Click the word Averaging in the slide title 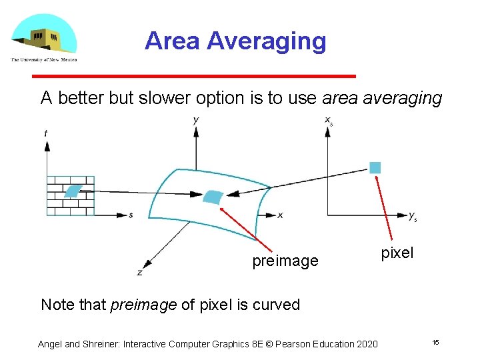[x=266, y=41]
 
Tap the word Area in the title [x=172, y=41]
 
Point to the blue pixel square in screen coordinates [x=375, y=167]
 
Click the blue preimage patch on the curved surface [x=213, y=196]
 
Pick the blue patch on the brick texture [x=72, y=191]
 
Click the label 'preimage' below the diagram [x=285, y=261]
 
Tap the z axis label [x=139, y=272]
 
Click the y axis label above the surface [x=195, y=120]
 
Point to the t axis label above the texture [x=45, y=133]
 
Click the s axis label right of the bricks [x=131, y=215]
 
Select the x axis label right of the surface [x=280, y=215]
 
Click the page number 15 [x=435, y=343]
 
